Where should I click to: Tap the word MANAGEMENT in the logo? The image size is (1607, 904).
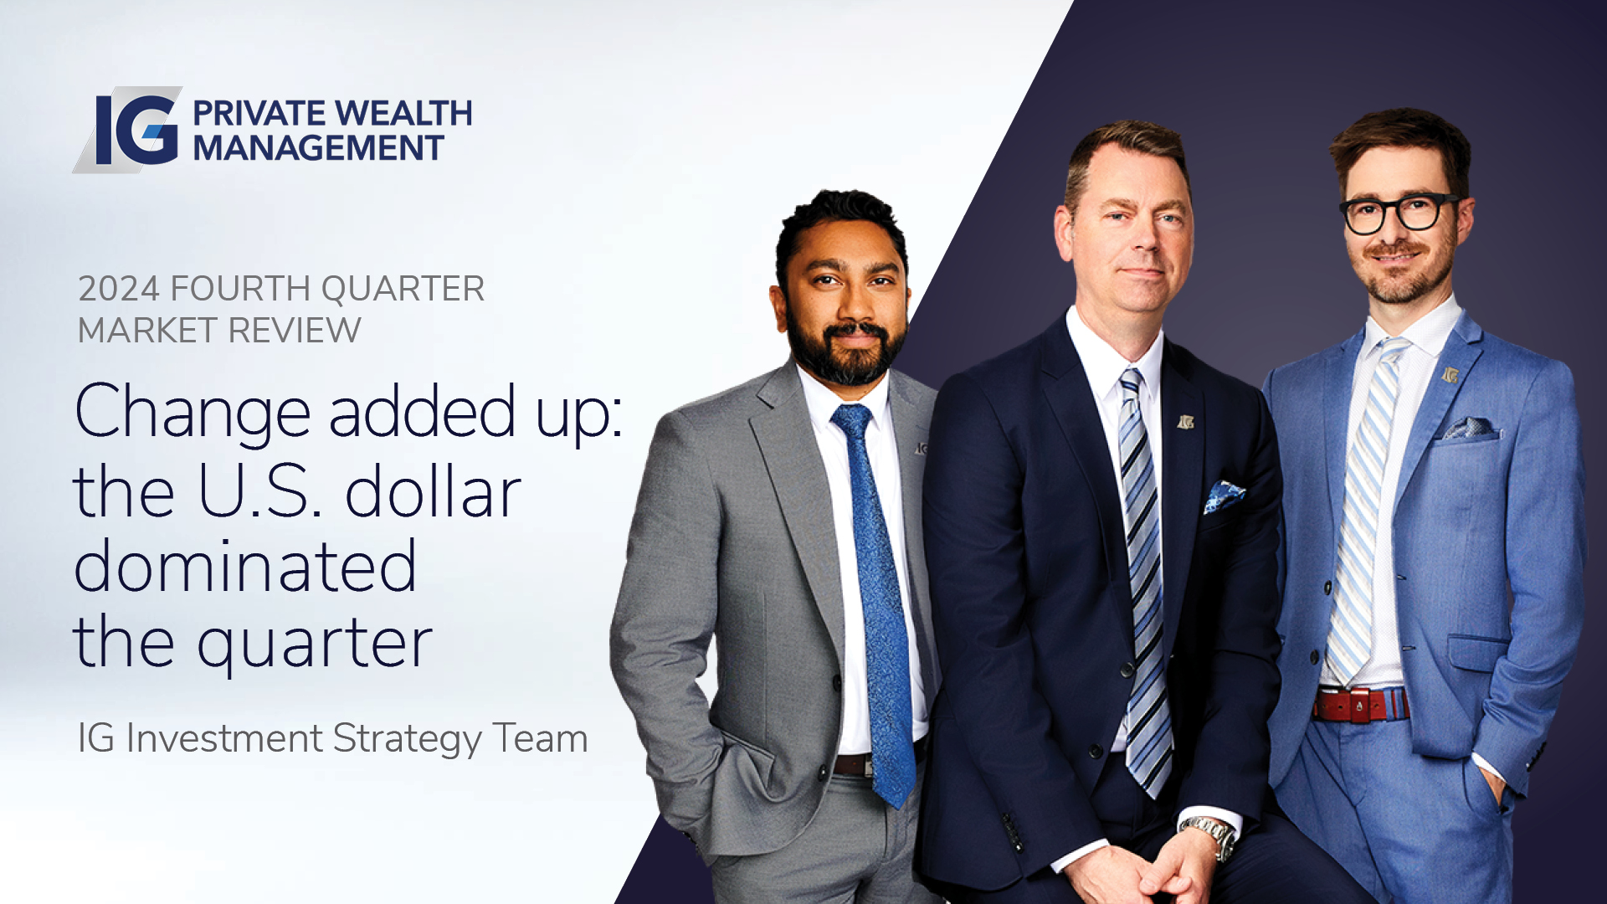click(x=318, y=148)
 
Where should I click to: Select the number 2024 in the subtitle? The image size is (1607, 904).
click(x=118, y=289)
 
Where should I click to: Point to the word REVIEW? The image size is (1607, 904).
click(x=295, y=331)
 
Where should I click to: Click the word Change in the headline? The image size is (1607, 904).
click(x=193, y=413)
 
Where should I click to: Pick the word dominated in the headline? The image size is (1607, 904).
click(x=245, y=565)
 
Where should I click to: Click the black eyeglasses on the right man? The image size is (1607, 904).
click(x=1399, y=213)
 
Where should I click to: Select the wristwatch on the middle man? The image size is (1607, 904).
click(x=1210, y=835)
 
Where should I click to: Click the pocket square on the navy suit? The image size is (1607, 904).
click(x=1223, y=496)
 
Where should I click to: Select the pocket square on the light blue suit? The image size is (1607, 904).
click(x=1471, y=429)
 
